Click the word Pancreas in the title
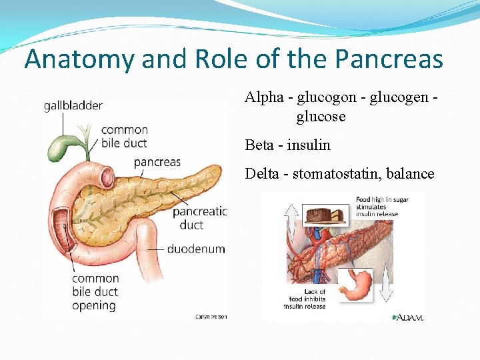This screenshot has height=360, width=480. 389,59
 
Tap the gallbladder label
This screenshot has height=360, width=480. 73,106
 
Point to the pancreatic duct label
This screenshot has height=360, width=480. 199,218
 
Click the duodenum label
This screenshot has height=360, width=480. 195,249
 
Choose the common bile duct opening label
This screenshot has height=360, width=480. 95,292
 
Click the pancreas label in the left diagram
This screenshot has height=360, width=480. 157,161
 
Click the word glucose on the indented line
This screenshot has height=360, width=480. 321,117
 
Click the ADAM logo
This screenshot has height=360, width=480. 407,317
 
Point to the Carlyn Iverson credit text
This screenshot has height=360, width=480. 211,317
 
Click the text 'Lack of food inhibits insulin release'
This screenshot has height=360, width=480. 305,299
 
